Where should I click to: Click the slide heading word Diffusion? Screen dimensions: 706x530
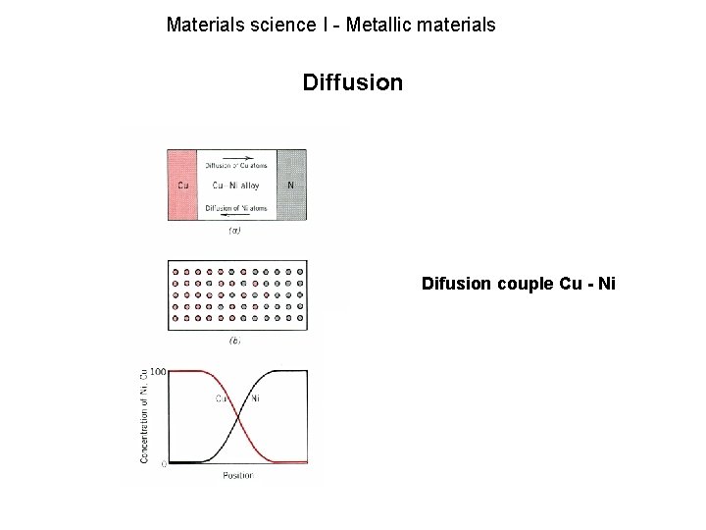352,82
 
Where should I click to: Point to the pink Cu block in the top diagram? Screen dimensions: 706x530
183,185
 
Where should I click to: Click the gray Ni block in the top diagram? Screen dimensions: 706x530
291,185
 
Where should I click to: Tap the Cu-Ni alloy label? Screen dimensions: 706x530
236,185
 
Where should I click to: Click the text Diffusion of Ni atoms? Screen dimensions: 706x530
237,207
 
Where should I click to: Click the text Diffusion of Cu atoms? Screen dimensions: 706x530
237,165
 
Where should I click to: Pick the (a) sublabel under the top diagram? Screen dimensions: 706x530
235,232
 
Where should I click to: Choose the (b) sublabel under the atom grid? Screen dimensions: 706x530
235,342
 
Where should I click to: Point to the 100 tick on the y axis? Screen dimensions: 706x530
156,371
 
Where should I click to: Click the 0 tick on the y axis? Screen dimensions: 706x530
162,462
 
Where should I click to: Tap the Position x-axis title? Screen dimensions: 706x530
237,476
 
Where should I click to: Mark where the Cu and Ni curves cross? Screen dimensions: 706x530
238,416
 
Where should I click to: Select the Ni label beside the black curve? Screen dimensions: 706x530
255,398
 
